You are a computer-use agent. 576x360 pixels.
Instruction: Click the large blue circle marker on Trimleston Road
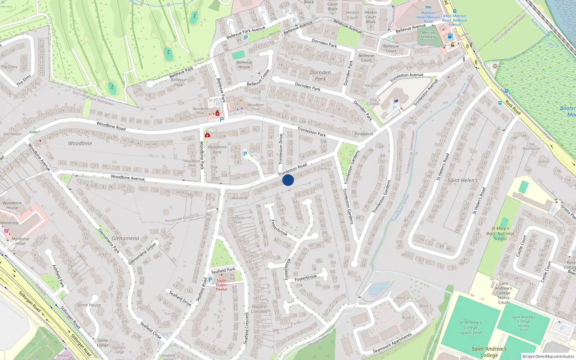(x=288, y=180)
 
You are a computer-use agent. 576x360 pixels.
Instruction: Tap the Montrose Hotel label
(x=21, y=241)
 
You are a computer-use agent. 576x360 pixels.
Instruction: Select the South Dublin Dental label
(x=221, y=285)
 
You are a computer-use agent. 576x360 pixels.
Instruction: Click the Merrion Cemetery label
(x=428, y=35)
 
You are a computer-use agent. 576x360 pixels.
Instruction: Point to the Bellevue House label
(x=244, y=65)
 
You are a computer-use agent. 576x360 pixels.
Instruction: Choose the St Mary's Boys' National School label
(x=500, y=233)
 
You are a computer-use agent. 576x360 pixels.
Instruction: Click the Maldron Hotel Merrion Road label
(x=428, y=17)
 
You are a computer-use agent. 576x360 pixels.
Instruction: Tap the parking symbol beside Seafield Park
(x=210, y=279)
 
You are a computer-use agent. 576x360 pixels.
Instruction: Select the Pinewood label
(x=364, y=134)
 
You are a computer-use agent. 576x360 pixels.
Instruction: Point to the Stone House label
(x=89, y=305)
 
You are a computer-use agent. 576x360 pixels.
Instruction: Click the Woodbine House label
(x=12, y=205)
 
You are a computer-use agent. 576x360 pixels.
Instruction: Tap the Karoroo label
(x=372, y=85)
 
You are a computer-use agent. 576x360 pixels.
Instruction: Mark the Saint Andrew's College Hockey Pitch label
(x=523, y=323)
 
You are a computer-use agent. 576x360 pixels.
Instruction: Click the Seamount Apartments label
(x=392, y=343)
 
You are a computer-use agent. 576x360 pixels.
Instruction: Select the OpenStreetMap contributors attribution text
(x=548, y=357)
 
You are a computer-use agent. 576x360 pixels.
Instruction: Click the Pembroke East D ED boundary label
(x=182, y=218)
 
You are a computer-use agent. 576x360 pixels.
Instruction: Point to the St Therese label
(x=322, y=169)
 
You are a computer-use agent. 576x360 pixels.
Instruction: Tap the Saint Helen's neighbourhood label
(x=462, y=180)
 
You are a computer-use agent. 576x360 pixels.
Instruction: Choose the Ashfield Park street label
(x=58, y=276)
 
